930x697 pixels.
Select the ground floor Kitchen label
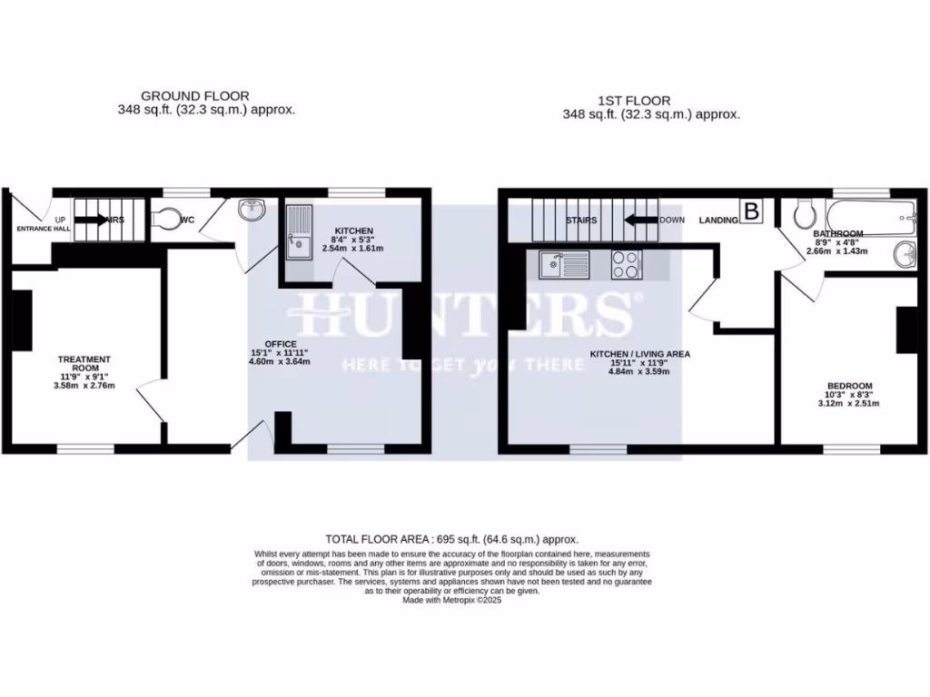tap(353, 231)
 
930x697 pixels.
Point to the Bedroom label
tap(849, 386)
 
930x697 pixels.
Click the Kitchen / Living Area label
tap(640, 354)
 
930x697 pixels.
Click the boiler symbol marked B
tap(751, 211)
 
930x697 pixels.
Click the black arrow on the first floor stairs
tap(641, 220)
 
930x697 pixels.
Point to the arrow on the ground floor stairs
tap(93, 219)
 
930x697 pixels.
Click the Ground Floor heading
tap(194, 96)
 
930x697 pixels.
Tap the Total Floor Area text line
tap(451, 539)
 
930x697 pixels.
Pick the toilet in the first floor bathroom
tap(803, 215)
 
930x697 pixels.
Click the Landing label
tap(717, 220)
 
